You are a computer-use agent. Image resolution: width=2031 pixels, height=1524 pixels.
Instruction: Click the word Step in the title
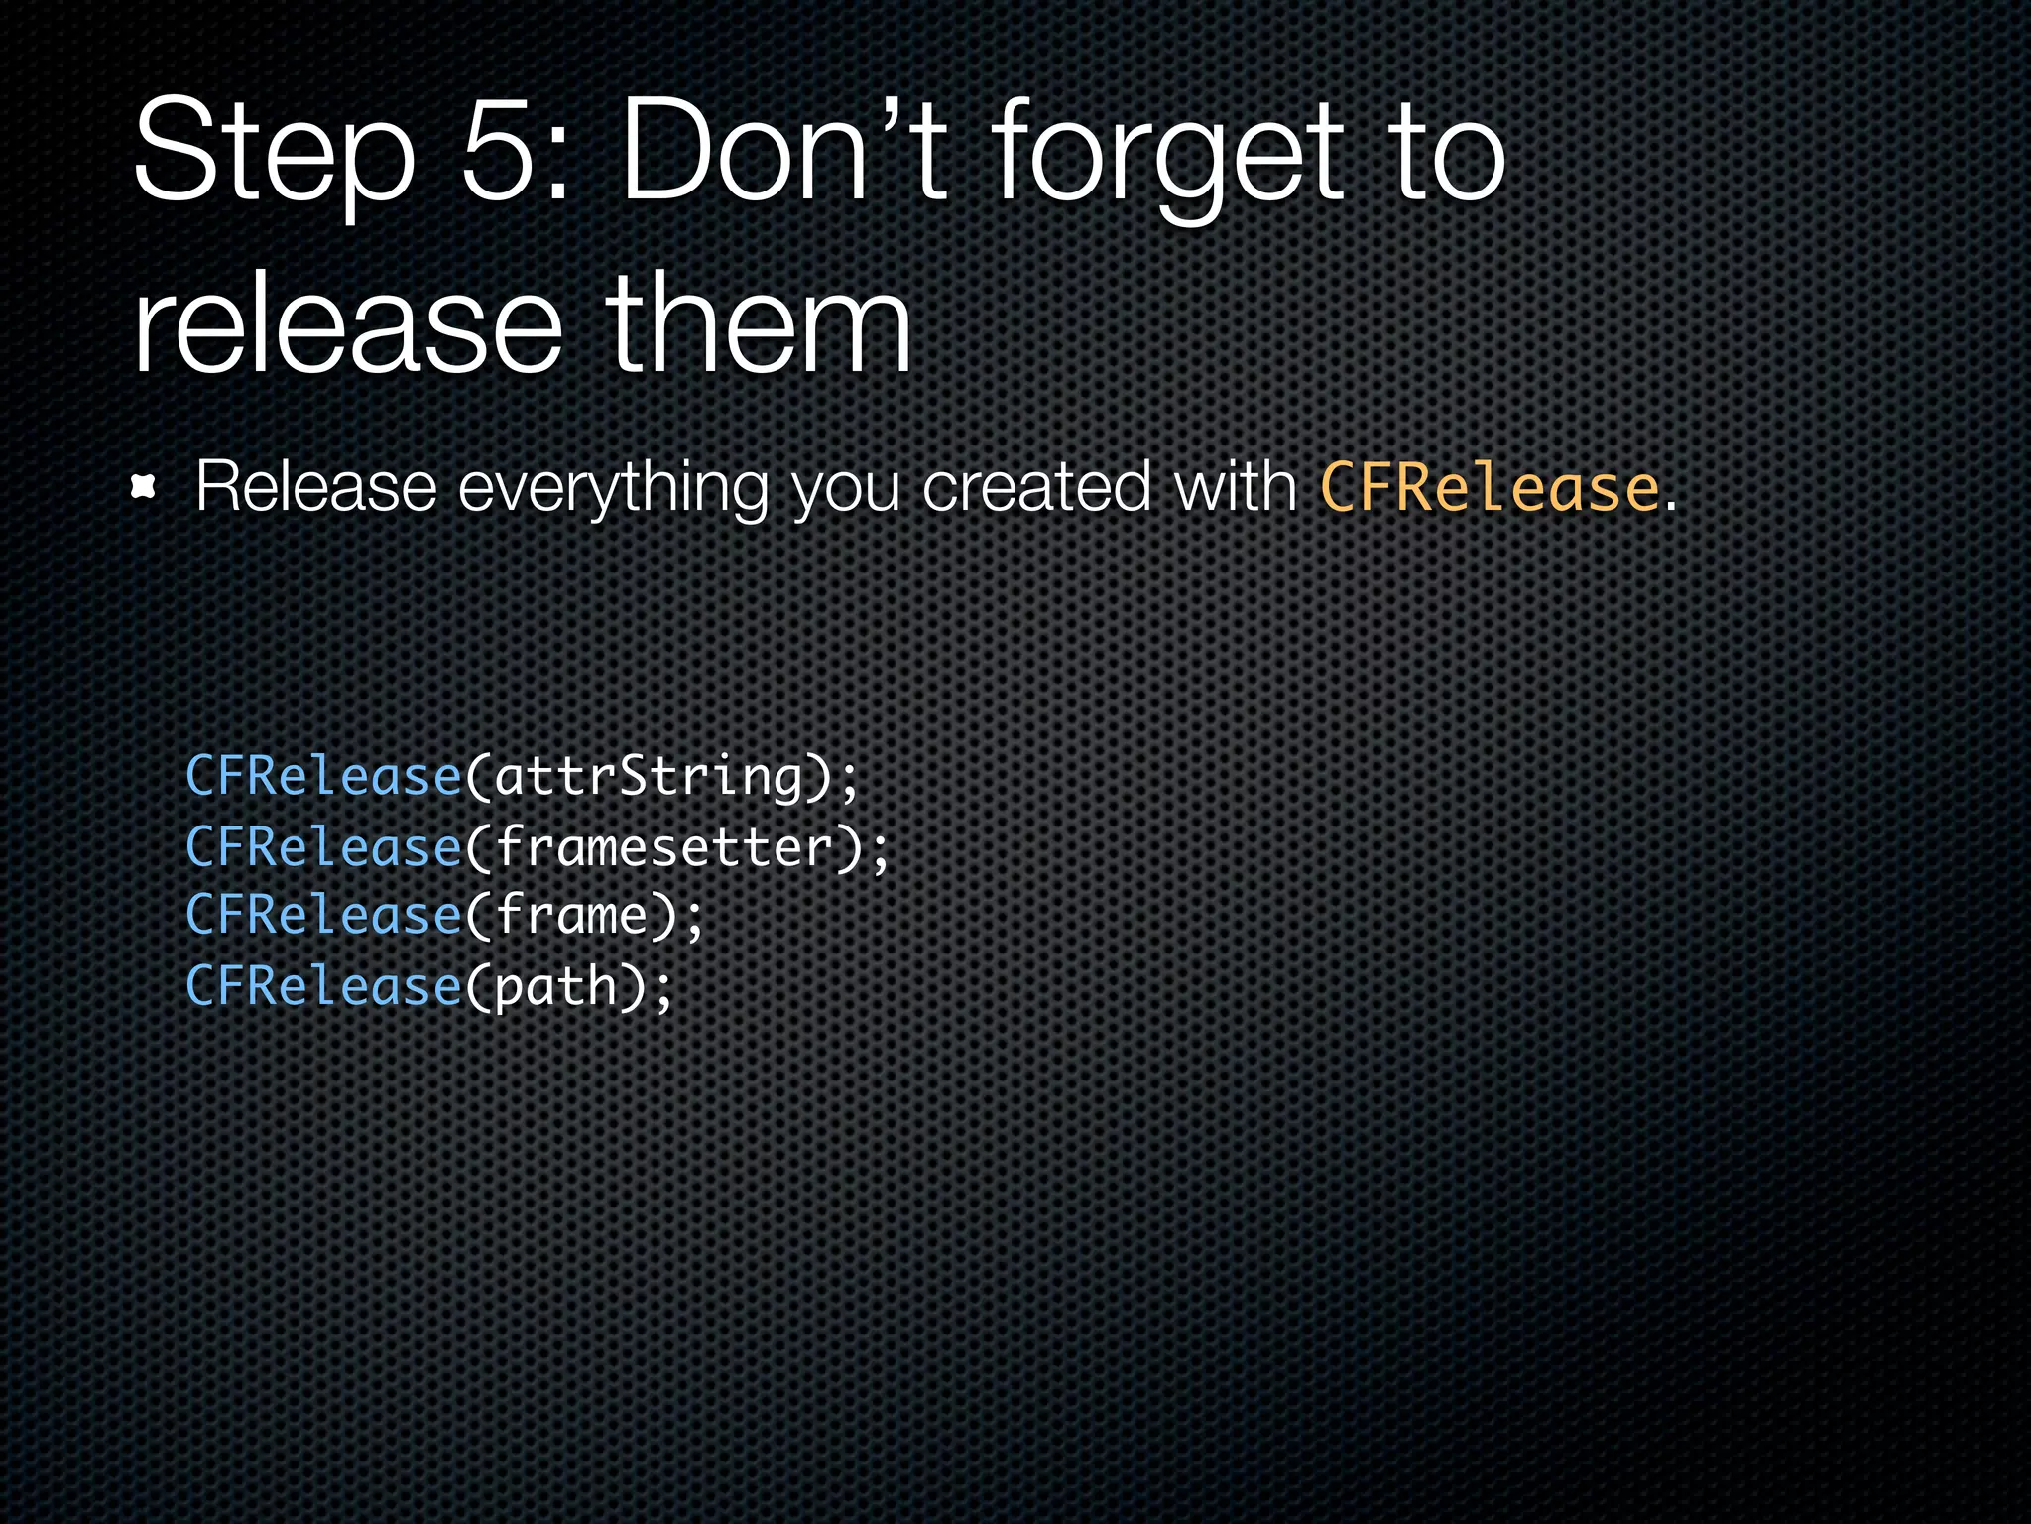[x=273, y=154]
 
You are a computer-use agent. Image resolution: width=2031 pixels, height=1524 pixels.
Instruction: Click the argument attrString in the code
[x=649, y=776]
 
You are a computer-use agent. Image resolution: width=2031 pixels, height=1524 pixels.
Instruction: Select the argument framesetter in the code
[x=664, y=847]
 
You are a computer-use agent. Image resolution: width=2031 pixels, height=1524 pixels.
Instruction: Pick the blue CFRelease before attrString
[x=323, y=776]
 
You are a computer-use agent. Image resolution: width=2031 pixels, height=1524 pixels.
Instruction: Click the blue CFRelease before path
[x=323, y=986]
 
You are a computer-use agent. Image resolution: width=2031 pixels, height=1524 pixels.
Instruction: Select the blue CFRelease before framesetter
[x=323, y=847]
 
